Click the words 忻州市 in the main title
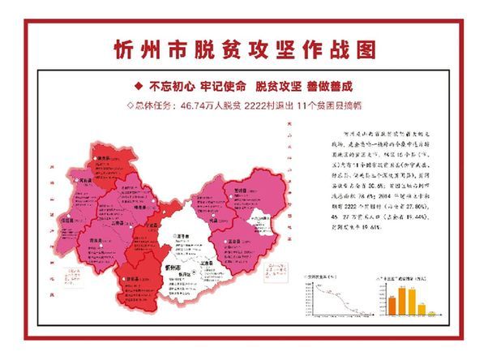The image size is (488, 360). (150, 49)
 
